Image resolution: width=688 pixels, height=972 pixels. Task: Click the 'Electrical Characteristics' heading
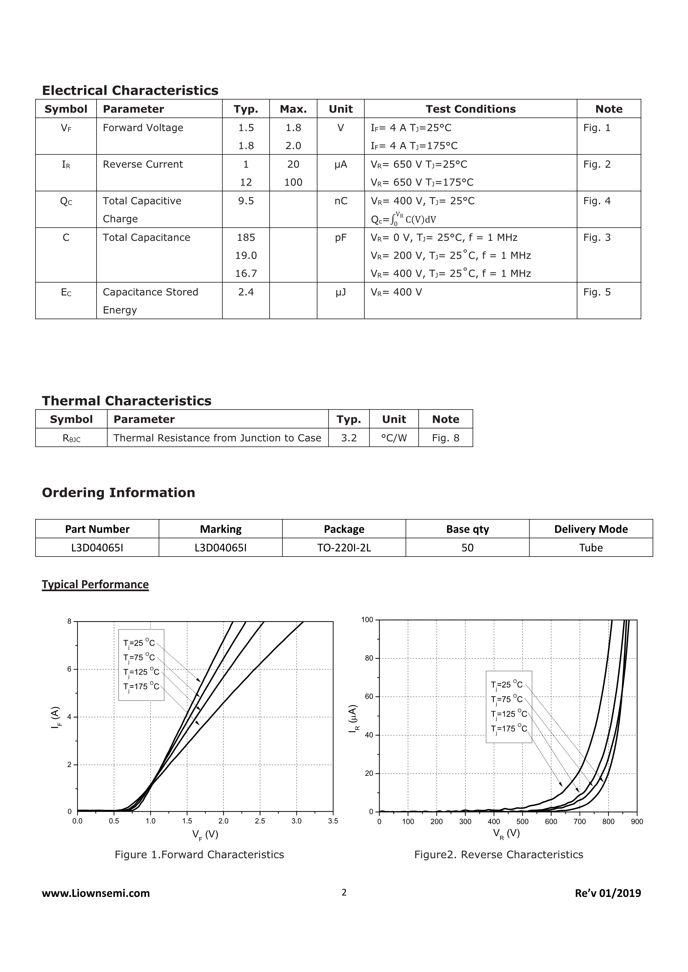tap(130, 90)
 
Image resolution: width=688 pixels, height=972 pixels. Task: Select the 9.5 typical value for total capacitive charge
tap(246, 201)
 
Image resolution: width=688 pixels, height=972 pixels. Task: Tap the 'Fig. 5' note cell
tap(597, 292)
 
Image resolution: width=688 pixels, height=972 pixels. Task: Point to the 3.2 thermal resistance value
tap(349, 438)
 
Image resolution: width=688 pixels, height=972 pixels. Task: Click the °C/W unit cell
tap(394, 438)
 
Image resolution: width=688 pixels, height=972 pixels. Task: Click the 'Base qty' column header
tap(467, 529)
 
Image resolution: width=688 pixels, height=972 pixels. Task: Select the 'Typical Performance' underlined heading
tap(95, 584)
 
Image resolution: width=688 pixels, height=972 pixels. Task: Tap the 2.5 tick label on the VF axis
tap(260, 821)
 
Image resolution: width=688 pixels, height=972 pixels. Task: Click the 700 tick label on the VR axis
tap(580, 822)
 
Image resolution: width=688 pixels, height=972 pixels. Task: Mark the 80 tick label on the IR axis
tap(369, 658)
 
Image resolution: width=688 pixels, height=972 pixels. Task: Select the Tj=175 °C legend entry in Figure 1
tap(141, 687)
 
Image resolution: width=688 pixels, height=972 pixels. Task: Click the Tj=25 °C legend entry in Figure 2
tap(507, 685)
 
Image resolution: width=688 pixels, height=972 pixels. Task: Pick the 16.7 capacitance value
tap(246, 274)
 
